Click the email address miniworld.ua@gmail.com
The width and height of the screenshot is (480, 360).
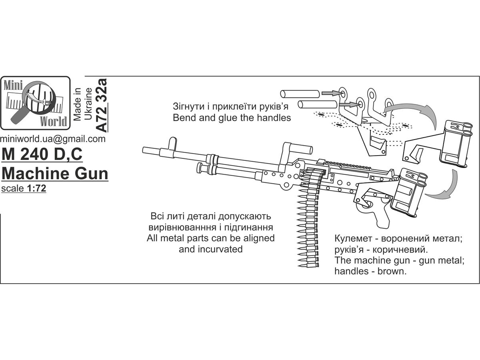click(53, 139)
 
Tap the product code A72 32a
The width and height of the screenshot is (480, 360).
click(102, 106)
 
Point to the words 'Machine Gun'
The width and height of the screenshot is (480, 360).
click(55, 174)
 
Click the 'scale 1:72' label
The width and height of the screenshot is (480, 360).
click(24, 189)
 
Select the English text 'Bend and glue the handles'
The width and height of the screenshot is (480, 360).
click(232, 118)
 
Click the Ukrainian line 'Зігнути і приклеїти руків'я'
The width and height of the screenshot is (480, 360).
click(236, 107)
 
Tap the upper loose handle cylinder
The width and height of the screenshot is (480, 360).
click(300, 94)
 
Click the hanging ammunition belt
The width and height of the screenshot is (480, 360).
click(308, 224)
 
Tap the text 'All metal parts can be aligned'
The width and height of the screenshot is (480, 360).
click(210, 238)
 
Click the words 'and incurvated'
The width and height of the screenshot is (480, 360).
click(210, 249)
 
